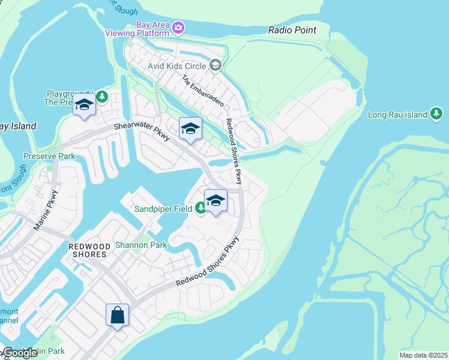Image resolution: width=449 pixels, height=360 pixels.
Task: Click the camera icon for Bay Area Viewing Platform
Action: click(x=178, y=28)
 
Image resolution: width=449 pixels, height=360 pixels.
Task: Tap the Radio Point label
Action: click(x=292, y=30)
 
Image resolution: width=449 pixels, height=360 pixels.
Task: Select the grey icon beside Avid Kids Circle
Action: click(x=215, y=65)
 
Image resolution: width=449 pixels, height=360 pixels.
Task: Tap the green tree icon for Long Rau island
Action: click(x=436, y=114)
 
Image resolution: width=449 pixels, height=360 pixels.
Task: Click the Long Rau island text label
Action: click(x=397, y=115)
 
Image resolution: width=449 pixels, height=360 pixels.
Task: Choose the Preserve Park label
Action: click(x=49, y=156)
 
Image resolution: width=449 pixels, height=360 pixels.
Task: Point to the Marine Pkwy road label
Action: click(x=46, y=211)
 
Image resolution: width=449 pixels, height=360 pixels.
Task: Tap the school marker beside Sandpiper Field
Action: click(x=215, y=201)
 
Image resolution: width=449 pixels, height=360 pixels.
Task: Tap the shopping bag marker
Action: click(x=117, y=314)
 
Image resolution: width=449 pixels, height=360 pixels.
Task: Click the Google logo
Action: click(x=19, y=353)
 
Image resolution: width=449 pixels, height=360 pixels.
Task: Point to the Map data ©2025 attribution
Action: click(x=423, y=355)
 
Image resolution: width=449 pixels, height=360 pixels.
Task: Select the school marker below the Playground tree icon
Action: click(x=85, y=106)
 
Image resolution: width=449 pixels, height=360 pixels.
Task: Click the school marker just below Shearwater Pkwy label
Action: click(x=190, y=128)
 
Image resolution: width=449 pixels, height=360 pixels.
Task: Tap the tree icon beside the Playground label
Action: click(x=102, y=96)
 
